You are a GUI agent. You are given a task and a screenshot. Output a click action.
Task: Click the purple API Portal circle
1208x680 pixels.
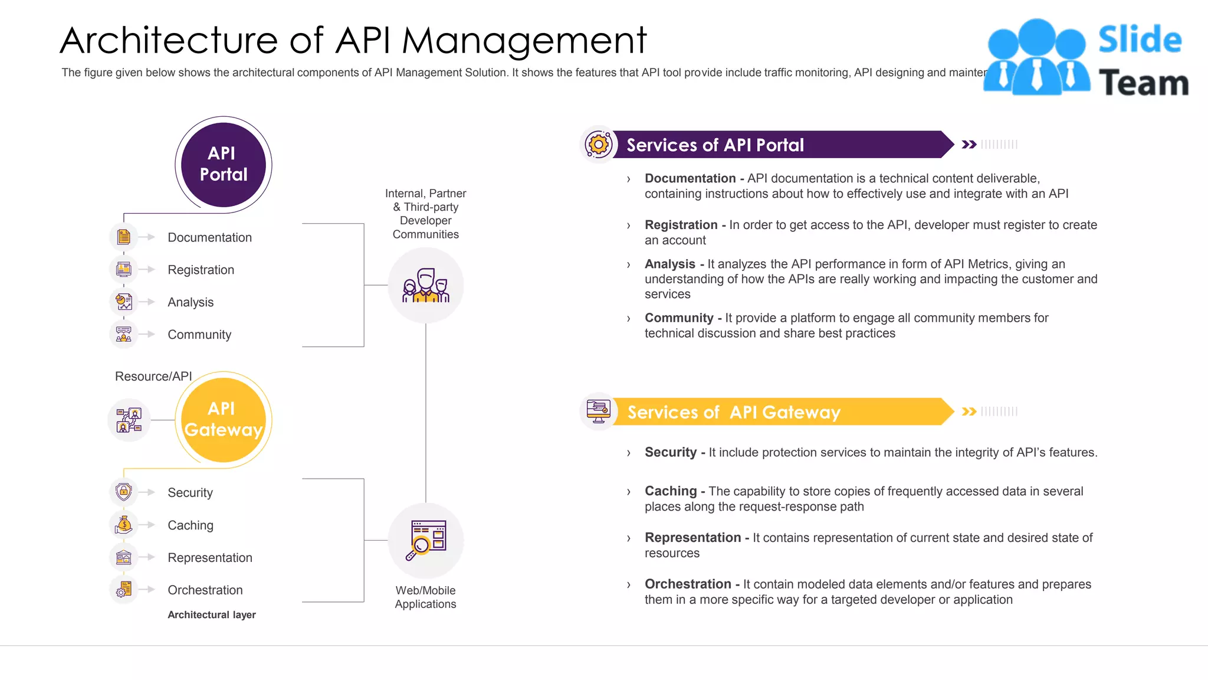pos(223,165)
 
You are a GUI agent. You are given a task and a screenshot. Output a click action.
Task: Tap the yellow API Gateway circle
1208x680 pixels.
pos(223,420)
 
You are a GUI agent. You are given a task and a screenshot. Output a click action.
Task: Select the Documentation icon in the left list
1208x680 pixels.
pos(124,237)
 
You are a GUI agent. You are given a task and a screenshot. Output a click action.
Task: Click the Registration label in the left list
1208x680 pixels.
pos(201,270)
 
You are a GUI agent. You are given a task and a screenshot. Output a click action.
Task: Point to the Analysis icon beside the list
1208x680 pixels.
pos(124,302)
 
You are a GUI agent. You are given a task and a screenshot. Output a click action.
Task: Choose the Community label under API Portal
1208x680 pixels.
pos(199,335)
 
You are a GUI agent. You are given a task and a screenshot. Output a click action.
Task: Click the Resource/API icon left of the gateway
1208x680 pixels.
pos(129,420)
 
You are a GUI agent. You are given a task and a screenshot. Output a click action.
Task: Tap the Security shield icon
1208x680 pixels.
pos(124,492)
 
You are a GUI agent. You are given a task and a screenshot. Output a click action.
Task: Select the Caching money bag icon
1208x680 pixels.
pos(124,525)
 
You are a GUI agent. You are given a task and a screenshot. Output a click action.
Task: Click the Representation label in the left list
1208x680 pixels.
pos(209,558)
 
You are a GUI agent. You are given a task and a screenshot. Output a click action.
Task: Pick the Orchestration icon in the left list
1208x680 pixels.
pos(124,590)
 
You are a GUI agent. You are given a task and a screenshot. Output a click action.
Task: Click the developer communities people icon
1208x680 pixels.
pos(426,286)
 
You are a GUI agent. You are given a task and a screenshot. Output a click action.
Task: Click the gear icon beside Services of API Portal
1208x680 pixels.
pos(599,145)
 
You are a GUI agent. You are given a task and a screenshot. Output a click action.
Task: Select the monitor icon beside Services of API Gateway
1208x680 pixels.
pos(599,411)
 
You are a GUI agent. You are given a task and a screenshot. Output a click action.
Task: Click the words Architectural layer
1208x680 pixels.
pos(212,614)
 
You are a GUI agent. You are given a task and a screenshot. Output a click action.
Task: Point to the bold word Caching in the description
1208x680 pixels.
pos(671,491)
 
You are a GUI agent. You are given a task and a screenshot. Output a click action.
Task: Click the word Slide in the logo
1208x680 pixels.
pos(1140,40)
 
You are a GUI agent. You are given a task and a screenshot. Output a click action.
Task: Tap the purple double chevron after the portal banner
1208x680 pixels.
pos(969,145)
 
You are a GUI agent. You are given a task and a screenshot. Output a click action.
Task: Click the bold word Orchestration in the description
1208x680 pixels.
pos(688,584)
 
